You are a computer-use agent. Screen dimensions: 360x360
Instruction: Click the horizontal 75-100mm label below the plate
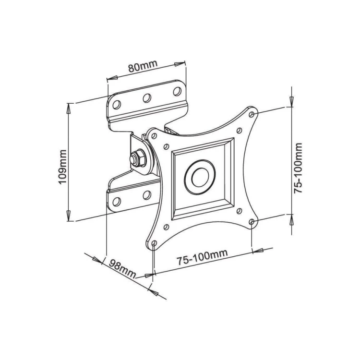(202, 260)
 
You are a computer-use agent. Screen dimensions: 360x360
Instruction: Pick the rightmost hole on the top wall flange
(177, 91)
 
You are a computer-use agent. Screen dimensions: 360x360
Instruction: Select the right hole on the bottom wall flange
(147, 194)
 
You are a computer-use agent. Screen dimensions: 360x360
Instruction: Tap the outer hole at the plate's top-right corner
(252, 114)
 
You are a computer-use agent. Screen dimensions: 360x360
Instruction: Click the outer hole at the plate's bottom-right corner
(252, 221)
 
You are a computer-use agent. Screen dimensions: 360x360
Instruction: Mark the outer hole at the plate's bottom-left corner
(153, 244)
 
